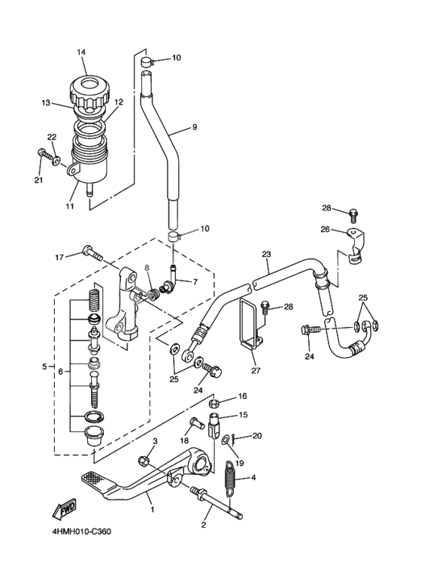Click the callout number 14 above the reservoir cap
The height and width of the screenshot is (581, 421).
81,51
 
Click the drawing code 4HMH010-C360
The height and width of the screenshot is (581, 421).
81,531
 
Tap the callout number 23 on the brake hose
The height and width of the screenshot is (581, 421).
265,254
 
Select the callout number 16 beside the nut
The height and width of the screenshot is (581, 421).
242,396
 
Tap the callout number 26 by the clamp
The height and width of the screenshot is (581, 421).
326,229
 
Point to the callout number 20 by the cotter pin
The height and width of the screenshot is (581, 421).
257,436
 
